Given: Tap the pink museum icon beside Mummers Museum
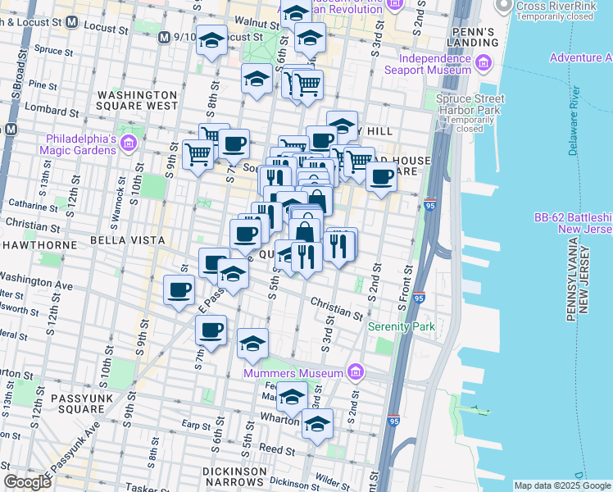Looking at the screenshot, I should [x=355, y=373].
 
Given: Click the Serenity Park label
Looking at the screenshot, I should [x=401, y=326].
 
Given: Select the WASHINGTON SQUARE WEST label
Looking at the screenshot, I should [x=137, y=100].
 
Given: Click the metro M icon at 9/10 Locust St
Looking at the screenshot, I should [x=165, y=37].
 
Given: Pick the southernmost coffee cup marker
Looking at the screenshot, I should [x=211, y=330].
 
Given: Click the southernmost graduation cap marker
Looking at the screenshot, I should [x=317, y=424].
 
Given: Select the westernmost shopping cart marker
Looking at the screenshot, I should [x=198, y=153].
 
